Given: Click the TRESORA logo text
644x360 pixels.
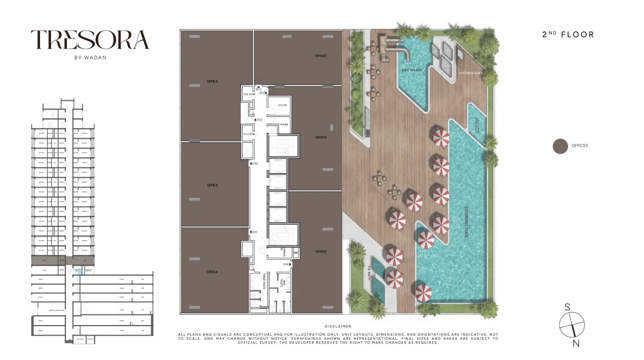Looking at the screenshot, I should tap(90, 40).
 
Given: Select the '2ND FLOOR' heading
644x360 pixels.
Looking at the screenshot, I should tap(568, 34).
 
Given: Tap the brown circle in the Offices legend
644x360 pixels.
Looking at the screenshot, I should tap(560, 146).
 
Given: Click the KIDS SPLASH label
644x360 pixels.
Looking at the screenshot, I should tap(412, 70).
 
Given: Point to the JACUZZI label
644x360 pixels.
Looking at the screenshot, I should tap(476, 125).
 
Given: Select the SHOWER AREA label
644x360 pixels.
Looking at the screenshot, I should tap(471, 73).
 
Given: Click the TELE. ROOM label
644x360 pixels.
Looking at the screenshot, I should tap(248, 95).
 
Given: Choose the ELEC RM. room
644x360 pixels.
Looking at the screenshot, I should tap(282, 105).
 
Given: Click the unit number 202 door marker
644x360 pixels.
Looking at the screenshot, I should tap(254, 164).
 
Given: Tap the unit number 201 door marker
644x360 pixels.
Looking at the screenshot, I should tap(254, 232).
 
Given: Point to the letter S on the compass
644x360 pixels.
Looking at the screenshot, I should tap(567, 307).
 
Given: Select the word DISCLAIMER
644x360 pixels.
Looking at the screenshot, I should tap(338, 327).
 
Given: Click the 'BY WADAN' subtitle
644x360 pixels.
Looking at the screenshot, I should tap(90, 57).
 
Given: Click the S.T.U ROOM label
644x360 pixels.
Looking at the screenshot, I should tap(248, 134).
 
